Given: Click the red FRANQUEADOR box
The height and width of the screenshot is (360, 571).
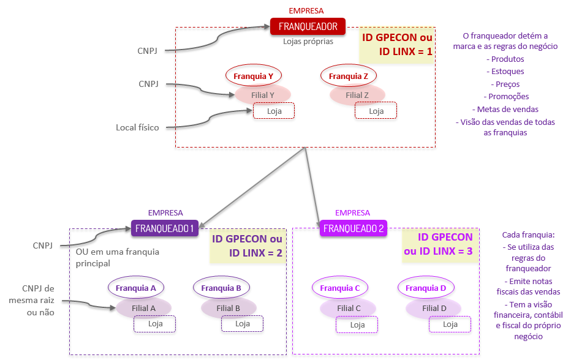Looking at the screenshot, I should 308,26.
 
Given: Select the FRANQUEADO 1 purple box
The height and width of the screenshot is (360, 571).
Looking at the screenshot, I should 165,228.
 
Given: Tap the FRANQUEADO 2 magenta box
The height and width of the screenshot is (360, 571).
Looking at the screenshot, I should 354,228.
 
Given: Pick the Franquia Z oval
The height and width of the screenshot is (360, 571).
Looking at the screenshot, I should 348,76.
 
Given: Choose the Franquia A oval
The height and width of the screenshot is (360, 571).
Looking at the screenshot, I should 135,287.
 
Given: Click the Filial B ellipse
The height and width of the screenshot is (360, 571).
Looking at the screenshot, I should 228,308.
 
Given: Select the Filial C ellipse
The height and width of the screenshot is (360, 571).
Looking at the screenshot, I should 349,308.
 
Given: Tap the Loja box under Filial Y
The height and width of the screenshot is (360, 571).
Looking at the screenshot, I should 274,111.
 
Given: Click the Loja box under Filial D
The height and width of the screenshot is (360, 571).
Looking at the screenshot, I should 450,324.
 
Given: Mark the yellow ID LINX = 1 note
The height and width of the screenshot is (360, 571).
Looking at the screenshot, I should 397,45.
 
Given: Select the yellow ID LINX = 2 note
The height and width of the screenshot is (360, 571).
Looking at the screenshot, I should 248,246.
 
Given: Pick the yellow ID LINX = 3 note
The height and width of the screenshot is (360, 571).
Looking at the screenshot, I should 437,244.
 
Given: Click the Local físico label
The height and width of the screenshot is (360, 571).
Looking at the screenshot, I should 137,127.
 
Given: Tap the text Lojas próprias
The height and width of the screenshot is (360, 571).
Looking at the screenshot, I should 308,42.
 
